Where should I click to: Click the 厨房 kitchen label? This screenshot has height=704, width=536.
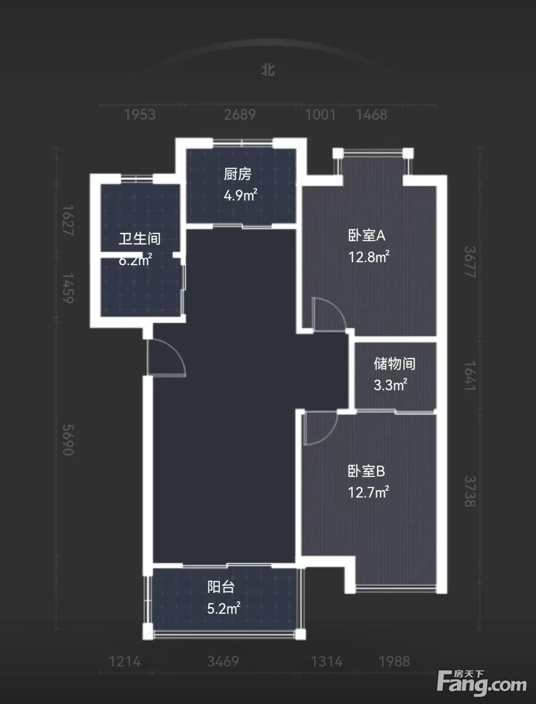[238, 174]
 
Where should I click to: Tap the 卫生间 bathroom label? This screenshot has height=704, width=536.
[139, 239]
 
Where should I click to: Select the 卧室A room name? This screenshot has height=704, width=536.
[367, 236]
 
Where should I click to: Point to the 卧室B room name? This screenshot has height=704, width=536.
[366, 472]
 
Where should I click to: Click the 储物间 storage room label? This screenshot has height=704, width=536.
[394, 364]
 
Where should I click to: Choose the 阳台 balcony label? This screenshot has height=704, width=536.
[221, 587]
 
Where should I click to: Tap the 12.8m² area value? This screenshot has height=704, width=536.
[369, 257]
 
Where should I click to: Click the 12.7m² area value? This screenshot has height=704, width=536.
[368, 492]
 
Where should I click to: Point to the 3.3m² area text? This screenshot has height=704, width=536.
[390, 385]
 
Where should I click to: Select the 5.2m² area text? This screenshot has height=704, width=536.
[224, 608]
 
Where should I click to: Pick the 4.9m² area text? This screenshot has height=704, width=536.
[240, 195]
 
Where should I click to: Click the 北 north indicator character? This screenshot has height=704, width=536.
[268, 70]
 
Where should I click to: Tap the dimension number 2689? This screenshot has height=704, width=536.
[240, 115]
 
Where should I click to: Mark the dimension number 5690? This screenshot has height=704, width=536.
[68, 439]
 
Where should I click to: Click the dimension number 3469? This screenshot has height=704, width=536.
[223, 661]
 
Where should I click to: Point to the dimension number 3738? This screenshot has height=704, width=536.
[470, 491]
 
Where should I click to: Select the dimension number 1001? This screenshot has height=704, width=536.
[320, 115]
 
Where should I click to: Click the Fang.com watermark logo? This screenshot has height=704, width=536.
[482, 683]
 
